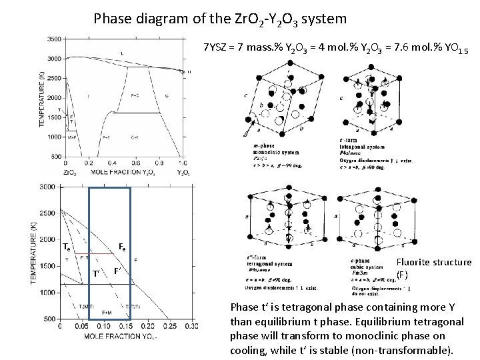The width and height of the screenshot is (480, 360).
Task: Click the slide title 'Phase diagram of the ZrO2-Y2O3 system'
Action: pyautogui.click(x=220, y=18)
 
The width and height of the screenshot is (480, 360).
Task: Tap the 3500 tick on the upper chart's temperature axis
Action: pyautogui.click(x=53, y=39)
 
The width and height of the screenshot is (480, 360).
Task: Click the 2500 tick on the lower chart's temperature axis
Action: pyautogui.click(x=48, y=213)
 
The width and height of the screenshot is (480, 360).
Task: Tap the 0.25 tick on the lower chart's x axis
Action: pyautogui.click(x=169, y=326)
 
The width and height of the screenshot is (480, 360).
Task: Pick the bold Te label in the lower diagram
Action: pyautogui.click(x=67, y=247)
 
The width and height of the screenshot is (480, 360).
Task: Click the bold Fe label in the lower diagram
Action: pyautogui.click(x=123, y=247)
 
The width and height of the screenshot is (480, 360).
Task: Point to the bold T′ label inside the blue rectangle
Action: pyautogui.click(x=97, y=273)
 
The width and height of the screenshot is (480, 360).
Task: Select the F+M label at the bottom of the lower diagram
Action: pyautogui.click(x=107, y=313)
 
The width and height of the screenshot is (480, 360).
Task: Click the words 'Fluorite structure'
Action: pyautogui.click(x=434, y=262)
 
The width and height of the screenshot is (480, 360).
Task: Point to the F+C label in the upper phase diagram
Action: pyautogui.click(x=135, y=96)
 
